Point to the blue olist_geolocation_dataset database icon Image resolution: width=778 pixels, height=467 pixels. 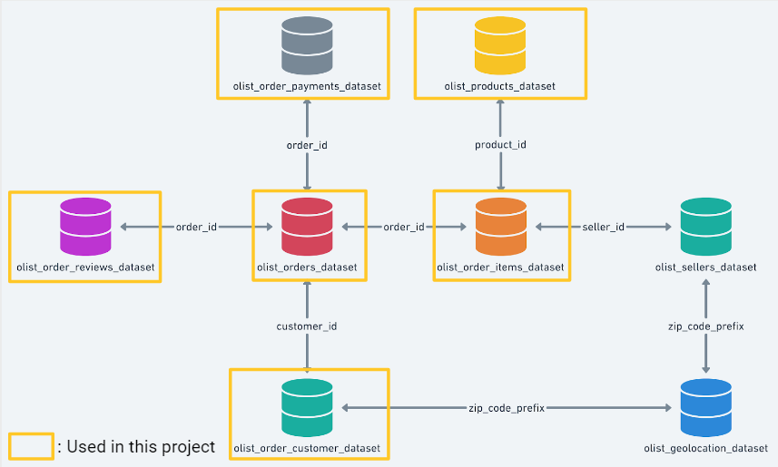pyautogui.click(x=705, y=407)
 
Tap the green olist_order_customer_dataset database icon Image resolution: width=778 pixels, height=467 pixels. pyautogui.click(x=308, y=407)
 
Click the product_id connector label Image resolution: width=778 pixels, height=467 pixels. pyautogui.click(x=500, y=145)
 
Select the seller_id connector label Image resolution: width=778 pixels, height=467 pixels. pyautogui.click(x=603, y=227)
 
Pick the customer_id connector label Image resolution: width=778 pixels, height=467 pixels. pyautogui.click(x=308, y=326)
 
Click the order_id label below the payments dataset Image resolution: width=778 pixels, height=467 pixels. pyautogui.click(x=308, y=145)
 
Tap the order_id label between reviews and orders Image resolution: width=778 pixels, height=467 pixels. pyautogui.click(x=196, y=227)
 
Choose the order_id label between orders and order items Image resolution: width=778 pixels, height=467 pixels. pyautogui.click(x=403, y=227)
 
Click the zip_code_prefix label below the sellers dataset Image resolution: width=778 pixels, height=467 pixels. pyautogui.click(x=705, y=326)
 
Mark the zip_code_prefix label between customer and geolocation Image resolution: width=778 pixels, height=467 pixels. pyautogui.click(x=507, y=408)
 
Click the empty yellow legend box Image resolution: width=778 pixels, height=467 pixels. pyautogui.click(x=31, y=446)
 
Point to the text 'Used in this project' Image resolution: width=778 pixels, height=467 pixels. pyautogui.click(x=141, y=446)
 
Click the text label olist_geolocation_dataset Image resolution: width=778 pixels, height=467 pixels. pyautogui.click(x=705, y=448)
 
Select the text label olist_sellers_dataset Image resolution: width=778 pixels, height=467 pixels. pyautogui.click(x=705, y=268)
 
